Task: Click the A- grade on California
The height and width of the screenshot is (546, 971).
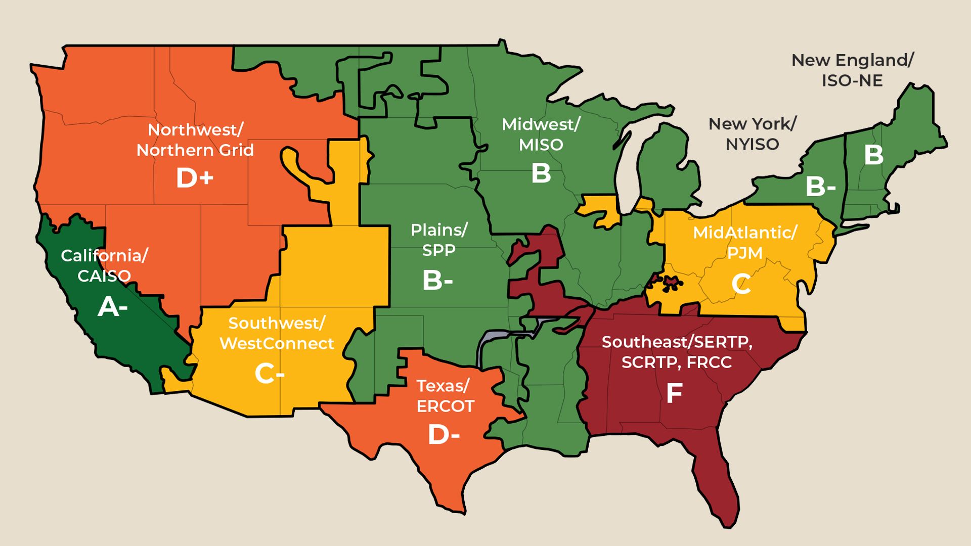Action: [112, 307]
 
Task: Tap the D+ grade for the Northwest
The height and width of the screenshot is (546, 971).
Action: [195, 178]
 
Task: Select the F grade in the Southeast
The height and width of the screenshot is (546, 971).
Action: [674, 393]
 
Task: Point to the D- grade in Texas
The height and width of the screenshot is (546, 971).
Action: [444, 434]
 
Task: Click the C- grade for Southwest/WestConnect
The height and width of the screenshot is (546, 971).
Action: [269, 374]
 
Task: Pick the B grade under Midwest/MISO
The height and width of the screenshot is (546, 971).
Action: [541, 173]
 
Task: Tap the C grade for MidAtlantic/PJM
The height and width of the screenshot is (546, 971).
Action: [741, 285]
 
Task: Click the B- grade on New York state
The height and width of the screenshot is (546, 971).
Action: [820, 187]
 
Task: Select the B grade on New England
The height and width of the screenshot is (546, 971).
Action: [873, 155]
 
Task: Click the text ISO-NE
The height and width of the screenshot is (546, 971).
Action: [852, 80]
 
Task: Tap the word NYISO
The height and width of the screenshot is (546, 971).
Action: [752, 145]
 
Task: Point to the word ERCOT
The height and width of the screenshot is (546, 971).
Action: [445, 406]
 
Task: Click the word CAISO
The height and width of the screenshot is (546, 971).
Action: [104, 276]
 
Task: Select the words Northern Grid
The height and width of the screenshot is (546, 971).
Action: [195, 150]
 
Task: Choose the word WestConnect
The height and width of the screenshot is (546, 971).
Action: [277, 344]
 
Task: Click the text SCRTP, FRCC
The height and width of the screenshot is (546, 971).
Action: [676, 362]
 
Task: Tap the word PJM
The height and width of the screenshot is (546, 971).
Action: [744, 253]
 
